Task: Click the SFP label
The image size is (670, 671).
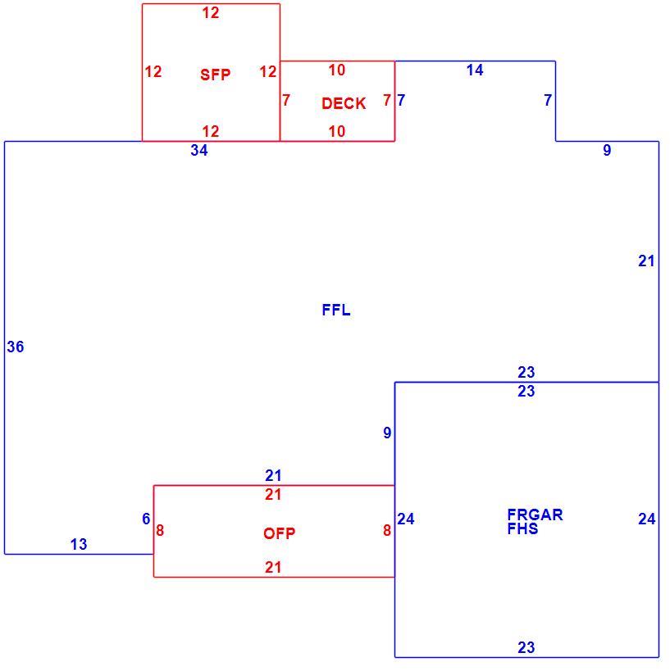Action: (x=215, y=75)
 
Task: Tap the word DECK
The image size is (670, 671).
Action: (x=344, y=103)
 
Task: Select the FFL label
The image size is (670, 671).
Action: (x=336, y=310)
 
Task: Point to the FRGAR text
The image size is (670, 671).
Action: (x=535, y=515)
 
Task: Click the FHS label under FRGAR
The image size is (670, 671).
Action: (x=522, y=529)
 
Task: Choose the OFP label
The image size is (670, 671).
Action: (x=280, y=533)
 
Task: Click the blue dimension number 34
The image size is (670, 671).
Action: (x=199, y=150)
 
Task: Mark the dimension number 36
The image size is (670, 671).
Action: (x=16, y=347)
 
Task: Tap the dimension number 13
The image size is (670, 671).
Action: (x=79, y=544)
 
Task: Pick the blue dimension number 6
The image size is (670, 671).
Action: (x=146, y=519)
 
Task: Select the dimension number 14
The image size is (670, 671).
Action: (x=475, y=70)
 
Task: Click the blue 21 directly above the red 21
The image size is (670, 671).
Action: (x=273, y=475)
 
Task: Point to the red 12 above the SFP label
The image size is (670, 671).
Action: (x=211, y=13)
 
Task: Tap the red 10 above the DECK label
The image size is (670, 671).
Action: (x=337, y=70)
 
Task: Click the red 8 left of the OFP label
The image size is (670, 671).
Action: (x=160, y=531)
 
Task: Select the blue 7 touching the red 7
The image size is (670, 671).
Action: (x=401, y=100)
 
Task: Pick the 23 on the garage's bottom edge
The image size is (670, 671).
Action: (x=526, y=647)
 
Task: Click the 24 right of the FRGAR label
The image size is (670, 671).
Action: (x=647, y=519)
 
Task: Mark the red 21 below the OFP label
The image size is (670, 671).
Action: (x=273, y=568)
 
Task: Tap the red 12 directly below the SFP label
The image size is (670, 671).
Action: (x=211, y=131)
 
